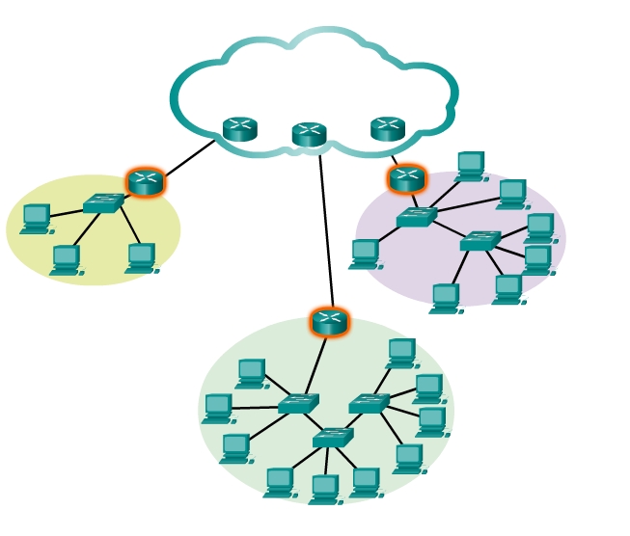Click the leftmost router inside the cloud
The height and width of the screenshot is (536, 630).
pos(239,129)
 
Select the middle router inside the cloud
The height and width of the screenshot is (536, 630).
pos(309,135)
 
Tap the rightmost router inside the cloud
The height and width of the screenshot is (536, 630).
pos(388,129)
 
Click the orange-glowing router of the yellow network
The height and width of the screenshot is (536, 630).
pos(146,182)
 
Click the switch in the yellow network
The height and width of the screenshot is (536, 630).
pos(102,203)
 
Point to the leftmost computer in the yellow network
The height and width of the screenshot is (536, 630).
pos(36,219)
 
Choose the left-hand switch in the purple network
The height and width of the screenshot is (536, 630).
pos(416,218)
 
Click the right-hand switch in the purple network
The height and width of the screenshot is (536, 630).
pos(479,241)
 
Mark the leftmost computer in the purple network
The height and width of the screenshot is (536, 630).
pos(365,254)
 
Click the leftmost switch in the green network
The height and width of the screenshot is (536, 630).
pos(297,404)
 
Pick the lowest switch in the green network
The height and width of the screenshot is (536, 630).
pos(332,438)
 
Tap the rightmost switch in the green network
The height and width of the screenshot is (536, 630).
pos(369,404)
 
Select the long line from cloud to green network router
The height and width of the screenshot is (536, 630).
pos(326,231)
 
